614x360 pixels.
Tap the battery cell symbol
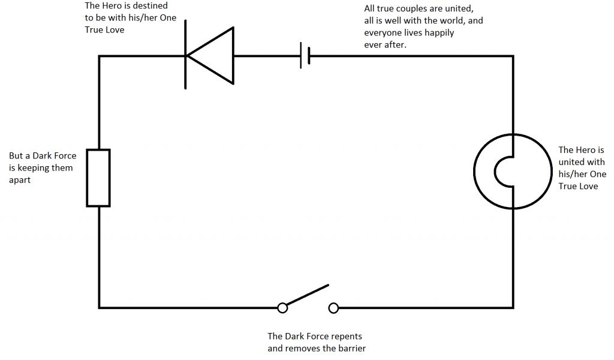pyautogui.click(x=305, y=56)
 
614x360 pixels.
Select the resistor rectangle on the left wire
pyautogui.click(x=99, y=178)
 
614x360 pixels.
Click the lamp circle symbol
pyautogui.click(x=513, y=171)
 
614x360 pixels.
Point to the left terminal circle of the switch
pyautogui.click(x=282, y=308)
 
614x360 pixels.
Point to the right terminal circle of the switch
pyautogui.click(x=333, y=308)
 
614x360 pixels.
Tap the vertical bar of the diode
pyautogui.click(x=186, y=55)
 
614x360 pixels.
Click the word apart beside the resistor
pyautogui.click(x=20, y=179)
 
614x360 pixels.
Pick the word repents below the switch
pyautogui.click(x=346, y=336)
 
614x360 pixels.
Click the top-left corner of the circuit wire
pyautogui.click(x=99, y=56)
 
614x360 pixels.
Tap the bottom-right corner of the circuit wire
pyautogui.click(x=513, y=308)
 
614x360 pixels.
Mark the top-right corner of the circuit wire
pyautogui.click(x=513, y=56)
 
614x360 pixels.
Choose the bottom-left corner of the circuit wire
pyautogui.click(x=99, y=308)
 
